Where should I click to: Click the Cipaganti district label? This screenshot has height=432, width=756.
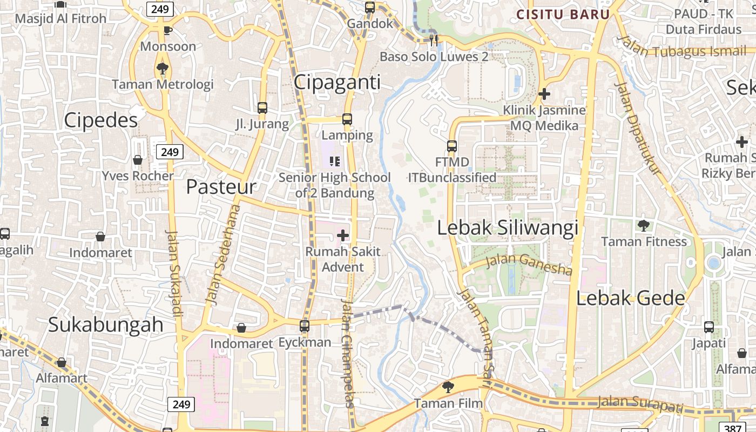(x=337, y=82)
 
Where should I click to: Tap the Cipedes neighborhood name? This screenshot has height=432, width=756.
(x=101, y=120)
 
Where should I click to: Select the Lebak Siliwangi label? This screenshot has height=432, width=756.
(x=507, y=227)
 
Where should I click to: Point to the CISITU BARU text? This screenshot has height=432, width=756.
(x=563, y=15)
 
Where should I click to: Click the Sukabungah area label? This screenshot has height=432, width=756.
(x=106, y=325)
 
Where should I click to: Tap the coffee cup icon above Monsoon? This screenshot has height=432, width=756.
(x=167, y=30)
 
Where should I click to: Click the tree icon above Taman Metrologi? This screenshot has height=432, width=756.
(x=162, y=68)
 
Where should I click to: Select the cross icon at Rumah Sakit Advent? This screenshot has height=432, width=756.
(x=343, y=235)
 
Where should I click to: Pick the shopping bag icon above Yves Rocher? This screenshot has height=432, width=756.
(x=138, y=160)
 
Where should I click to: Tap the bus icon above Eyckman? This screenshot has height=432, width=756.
(x=305, y=326)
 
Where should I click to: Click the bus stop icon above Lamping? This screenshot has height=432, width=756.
(x=347, y=119)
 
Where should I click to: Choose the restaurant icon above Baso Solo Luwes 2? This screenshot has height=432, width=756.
(x=433, y=39)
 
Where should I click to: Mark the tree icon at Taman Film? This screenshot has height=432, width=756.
(x=448, y=387)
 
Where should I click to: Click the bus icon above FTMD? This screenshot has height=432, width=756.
(x=452, y=146)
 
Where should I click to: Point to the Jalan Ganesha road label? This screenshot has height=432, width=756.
(x=529, y=264)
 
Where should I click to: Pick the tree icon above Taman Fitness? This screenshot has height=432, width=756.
(x=643, y=225)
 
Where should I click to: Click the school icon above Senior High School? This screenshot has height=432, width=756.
(x=335, y=161)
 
